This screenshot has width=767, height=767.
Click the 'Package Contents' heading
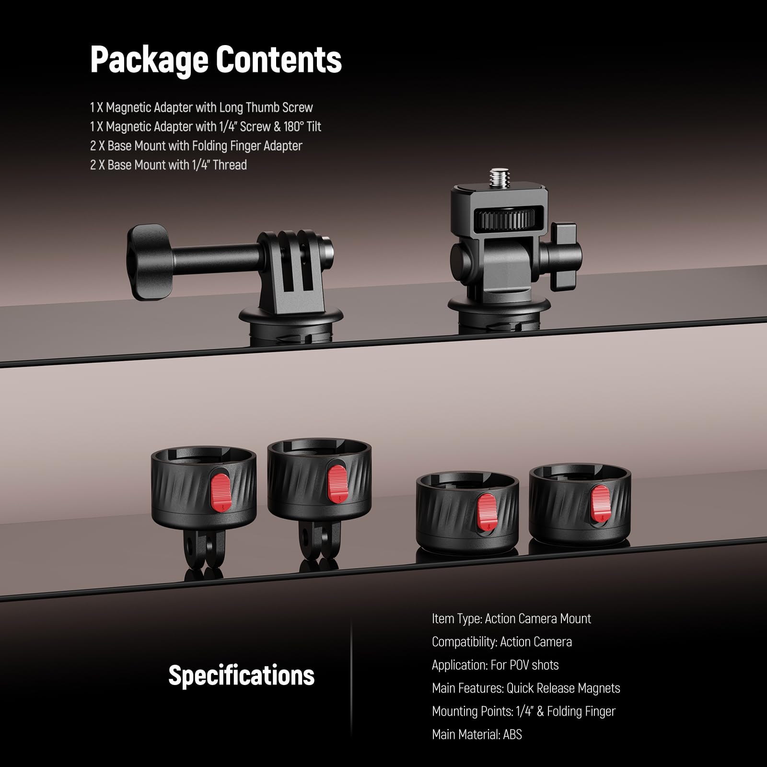pos(216,60)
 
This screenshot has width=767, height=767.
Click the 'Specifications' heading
pos(242,675)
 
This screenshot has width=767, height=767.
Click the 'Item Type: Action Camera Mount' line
pos(511,619)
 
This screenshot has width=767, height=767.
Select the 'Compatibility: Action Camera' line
pos(502,642)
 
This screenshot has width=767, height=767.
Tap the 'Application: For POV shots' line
pos(495,665)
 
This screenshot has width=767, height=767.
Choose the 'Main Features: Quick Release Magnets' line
pos(526,688)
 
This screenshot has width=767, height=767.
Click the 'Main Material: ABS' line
pos(477,734)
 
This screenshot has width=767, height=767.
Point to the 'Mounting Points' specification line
pos(523,711)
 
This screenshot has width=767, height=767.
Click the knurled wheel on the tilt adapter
pos(505,220)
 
